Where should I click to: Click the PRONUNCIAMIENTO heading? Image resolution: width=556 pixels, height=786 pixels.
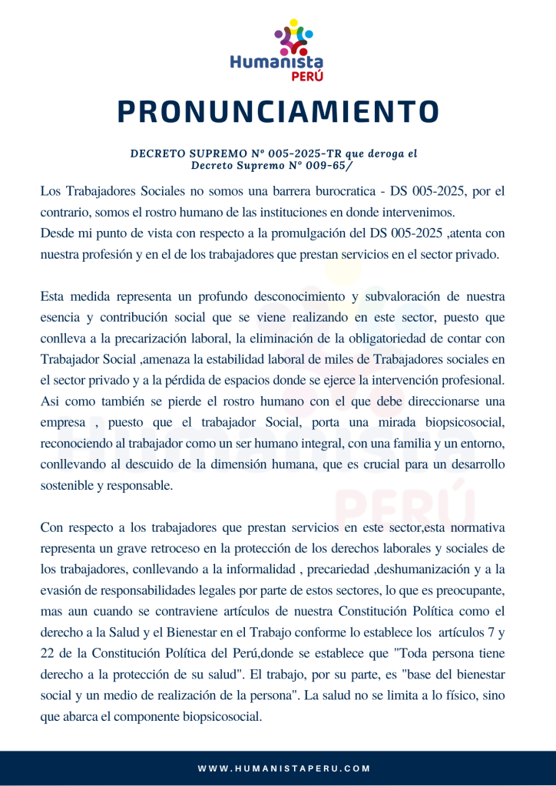(x=278, y=112)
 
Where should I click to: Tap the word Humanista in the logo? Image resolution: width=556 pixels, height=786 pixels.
(x=276, y=62)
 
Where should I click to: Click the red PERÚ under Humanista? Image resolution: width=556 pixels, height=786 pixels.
(x=306, y=76)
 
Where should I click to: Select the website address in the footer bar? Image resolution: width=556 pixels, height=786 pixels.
(x=284, y=768)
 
